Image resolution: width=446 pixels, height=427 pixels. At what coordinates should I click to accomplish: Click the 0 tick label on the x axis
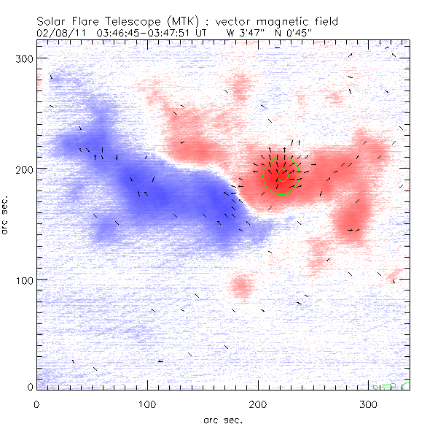pos(36,404)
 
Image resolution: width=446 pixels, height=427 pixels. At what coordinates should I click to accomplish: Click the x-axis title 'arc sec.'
pos(222,419)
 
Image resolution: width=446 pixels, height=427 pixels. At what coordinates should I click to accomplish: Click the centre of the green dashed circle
pos(281,176)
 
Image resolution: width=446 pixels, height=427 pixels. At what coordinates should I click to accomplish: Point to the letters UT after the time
pos(207,33)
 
